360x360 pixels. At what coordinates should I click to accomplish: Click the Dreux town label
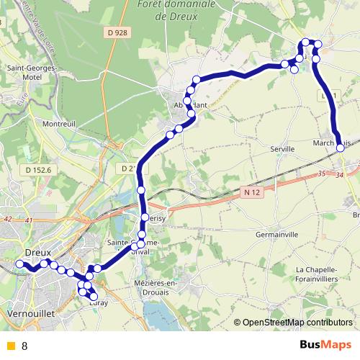click(x=38, y=253)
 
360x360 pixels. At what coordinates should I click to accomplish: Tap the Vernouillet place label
click(x=30, y=315)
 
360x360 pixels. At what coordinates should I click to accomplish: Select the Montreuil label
click(x=59, y=124)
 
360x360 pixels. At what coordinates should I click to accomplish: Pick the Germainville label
click(x=276, y=235)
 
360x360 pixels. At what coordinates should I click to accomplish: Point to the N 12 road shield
click(x=249, y=192)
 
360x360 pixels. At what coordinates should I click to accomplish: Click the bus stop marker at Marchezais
click(x=340, y=148)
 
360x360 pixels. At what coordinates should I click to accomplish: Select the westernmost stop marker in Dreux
click(x=20, y=265)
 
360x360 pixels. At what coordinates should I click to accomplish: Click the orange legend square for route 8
click(x=10, y=346)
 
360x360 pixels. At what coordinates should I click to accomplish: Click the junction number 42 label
click(x=8, y=218)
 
